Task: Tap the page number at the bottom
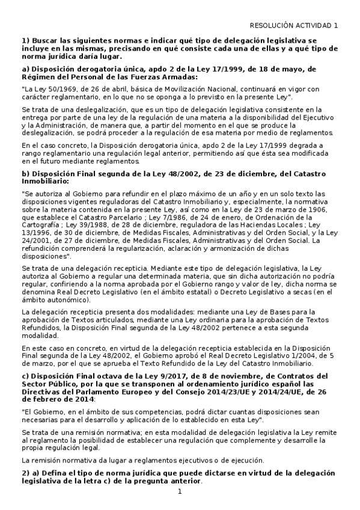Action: (180, 492)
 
